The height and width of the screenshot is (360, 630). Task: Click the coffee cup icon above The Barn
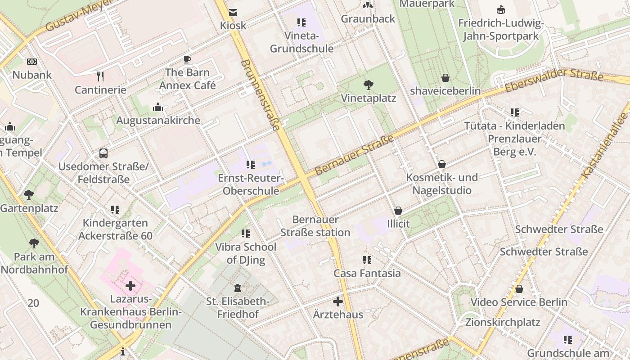tap(187, 60)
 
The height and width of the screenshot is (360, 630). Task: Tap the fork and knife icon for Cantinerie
tap(100, 76)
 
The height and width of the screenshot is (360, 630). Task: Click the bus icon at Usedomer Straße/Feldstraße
tap(103, 153)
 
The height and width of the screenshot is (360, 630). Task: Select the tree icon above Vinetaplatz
tap(368, 85)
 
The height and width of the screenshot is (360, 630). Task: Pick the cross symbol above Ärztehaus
tap(338, 301)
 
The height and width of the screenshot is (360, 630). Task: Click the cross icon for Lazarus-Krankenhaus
tap(130, 286)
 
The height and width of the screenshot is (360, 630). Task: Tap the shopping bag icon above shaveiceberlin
tap(445, 78)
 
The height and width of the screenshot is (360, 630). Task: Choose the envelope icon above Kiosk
tap(233, 13)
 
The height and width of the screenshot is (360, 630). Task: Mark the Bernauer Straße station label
tap(315, 226)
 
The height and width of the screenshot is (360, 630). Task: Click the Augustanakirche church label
tap(158, 121)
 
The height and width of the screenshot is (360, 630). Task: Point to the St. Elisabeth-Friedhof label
tap(238, 307)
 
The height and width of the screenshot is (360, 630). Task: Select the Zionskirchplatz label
tap(503, 322)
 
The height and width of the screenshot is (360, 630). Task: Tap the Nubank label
tap(32, 75)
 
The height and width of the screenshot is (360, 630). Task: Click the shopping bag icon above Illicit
tap(398, 211)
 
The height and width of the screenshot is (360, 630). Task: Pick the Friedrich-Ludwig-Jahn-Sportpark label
tap(501, 29)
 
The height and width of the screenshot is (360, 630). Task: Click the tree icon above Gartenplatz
tap(29, 195)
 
